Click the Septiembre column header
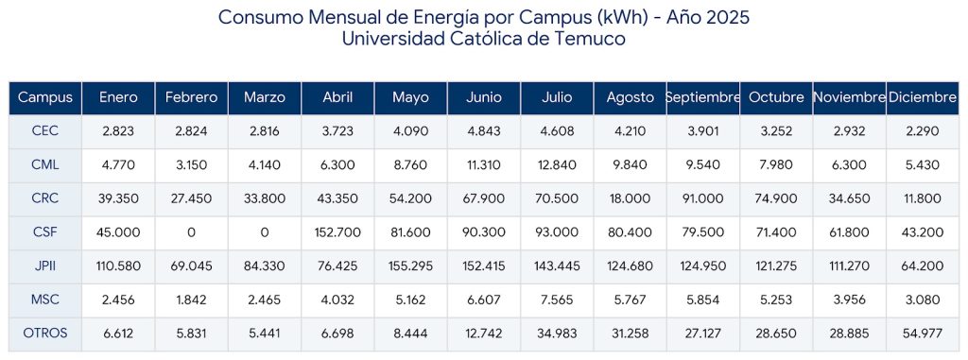click(x=702, y=97)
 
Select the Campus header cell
click(x=45, y=97)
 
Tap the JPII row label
click(x=45, y=266)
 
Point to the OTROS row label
click(x=45, y=334)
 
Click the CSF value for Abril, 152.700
click(x=337, y=232)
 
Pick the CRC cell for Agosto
click(x=630, y=198)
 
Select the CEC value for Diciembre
click(x=923, y=131)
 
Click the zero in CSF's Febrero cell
click(x=191, y=232)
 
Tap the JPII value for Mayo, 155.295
click(x=410, y=266)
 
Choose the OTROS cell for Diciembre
click(x=923, y=334)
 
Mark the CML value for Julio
click(x=557, y=164)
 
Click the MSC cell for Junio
click(x=484, y=300)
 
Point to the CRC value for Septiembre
click(x=702, y=198)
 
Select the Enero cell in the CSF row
click(x=118, y=232)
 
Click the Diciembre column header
click(x=923, y=97)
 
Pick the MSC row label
click(x=45, y=300)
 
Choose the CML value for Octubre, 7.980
click(x=776, y=164)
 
